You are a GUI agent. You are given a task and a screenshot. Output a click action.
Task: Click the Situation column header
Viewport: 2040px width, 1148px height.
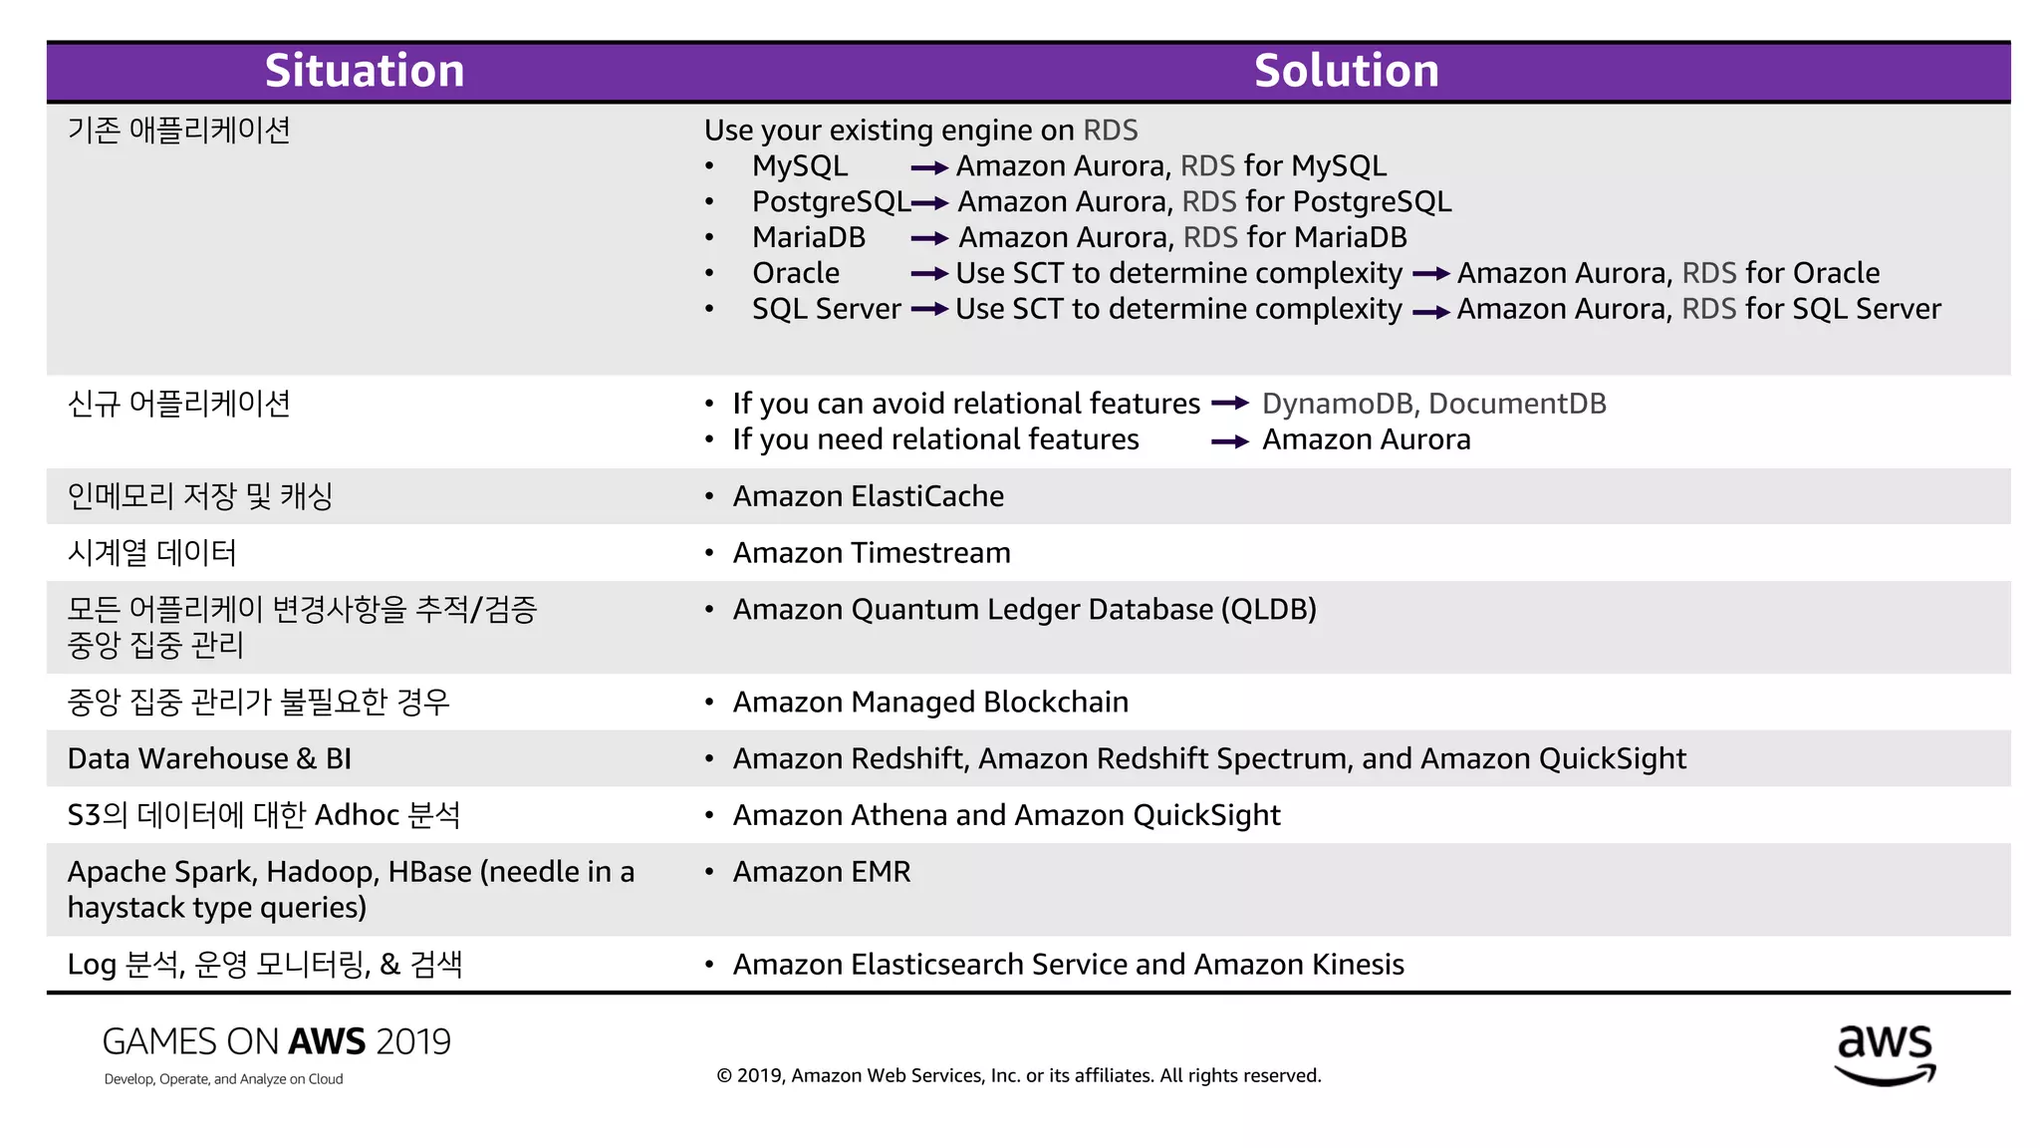[365, 71]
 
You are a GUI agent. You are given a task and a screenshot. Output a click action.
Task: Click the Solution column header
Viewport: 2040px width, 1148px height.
[1346, 71]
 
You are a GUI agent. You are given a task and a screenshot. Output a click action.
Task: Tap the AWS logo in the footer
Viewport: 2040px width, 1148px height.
[1885, 1054]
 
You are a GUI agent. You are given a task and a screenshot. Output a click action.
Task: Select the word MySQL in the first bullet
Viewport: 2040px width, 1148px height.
[800, 166]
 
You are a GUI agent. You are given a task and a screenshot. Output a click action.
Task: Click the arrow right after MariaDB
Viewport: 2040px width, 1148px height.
[928, 238]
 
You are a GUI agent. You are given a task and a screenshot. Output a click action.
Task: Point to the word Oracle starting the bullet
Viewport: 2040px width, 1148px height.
[796, 273]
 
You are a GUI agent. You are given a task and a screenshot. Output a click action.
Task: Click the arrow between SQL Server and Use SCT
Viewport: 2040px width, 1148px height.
[928, 310]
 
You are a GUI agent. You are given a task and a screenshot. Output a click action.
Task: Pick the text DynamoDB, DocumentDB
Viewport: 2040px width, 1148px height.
[1433, 404]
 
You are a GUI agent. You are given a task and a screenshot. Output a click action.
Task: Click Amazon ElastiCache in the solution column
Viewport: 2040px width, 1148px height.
[868, 496]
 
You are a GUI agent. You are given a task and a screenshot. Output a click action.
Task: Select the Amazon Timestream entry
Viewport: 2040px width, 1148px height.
[872, 553]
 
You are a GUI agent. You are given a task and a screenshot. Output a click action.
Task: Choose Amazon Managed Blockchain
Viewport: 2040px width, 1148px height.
[930, 703]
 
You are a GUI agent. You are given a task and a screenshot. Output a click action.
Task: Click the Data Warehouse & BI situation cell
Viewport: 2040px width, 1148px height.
[209, 759]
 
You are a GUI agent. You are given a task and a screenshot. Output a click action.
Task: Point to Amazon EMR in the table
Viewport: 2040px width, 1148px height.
[822, 872]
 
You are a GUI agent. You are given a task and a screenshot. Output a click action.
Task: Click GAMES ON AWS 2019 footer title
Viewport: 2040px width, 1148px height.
[276, 1042]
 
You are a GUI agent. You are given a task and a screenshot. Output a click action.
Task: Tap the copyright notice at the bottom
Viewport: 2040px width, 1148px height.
[1018, 1075]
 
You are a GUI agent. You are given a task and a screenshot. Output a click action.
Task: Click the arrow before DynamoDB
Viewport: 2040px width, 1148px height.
[1230, 404]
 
